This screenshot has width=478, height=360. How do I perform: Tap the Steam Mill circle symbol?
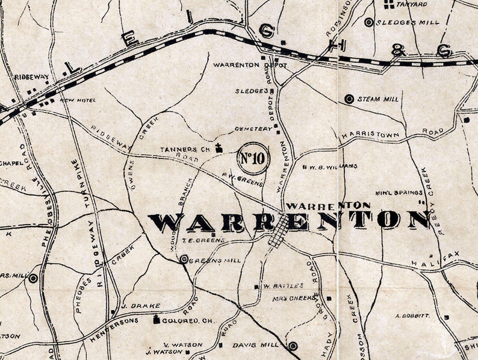tap(348, 99)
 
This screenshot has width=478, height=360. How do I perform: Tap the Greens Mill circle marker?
tap(184, 259)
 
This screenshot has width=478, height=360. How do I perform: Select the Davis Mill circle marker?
tap(293, 346)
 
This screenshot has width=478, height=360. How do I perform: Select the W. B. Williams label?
tap(334, 166)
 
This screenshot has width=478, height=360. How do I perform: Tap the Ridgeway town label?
tap(32, 77)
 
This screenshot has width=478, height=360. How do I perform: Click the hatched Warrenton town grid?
tap(278, 232)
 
